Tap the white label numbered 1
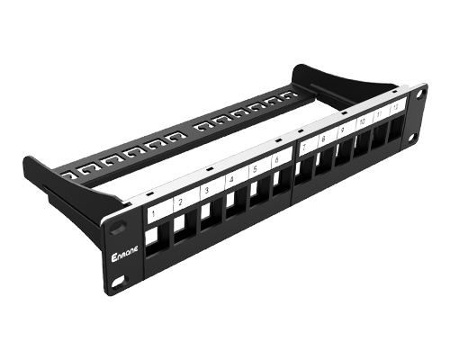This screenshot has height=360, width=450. [x=156, y=213]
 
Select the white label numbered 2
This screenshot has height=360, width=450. [x=181, y=202]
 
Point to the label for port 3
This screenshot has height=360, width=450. [x=206, y=192]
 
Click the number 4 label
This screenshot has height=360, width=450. [x=230, y=180]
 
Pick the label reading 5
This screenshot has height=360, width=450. [x=255, y=169]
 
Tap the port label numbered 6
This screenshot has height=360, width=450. [x=278, y=159]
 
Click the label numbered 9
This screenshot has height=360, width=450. [x=343, y=130]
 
